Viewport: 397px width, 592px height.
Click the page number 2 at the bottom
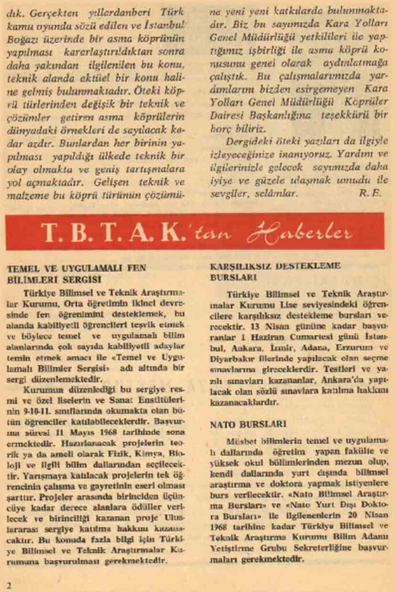pyautogui.click(x=9, y=584)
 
